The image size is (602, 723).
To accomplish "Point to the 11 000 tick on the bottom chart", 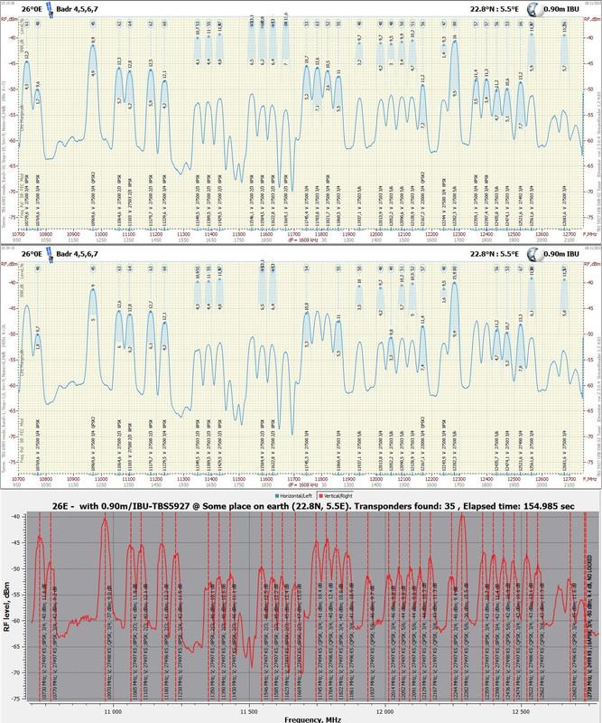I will pyautogui.click(x=113, y=711).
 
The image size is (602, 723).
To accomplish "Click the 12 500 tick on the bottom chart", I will pyautogui.click(x=521, y=711).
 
